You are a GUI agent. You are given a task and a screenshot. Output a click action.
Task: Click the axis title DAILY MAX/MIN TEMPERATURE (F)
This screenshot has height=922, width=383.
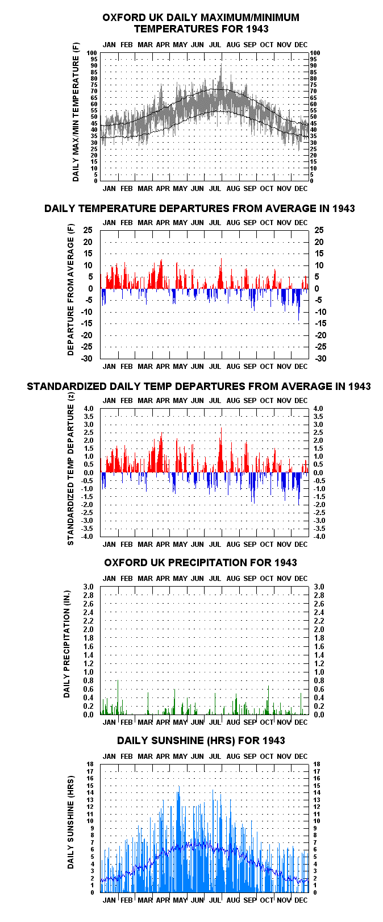pyautogui.click(x=76, y=113)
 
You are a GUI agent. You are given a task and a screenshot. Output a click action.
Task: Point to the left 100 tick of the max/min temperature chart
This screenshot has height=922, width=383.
pyautogui.click(x=91, y=53)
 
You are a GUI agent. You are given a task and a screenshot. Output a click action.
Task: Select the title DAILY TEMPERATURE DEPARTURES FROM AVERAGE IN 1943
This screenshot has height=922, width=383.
pyautogui.click(x=199, y=208)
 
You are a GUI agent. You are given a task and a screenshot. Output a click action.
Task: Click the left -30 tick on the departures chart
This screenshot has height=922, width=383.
pyautogui.click(x=87, y=359)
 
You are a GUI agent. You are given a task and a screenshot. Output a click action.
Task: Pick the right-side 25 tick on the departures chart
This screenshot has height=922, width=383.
pyautogui.click(x=319, y=230)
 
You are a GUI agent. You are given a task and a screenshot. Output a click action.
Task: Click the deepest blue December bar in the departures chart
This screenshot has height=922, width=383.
pyautogui.click(x=299, y=305)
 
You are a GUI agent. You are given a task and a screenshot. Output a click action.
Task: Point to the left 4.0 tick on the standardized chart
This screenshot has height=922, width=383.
pyautogui.click(x=89, y=409)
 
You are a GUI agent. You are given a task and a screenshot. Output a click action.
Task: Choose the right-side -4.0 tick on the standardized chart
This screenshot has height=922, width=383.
pyautogui.click(x=319, y=537)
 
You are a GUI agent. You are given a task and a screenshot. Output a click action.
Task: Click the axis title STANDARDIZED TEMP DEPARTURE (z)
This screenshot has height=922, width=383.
pyautogui.click(x=71, y=469)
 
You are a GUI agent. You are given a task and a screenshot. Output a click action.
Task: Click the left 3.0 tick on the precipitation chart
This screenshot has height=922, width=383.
pyautogui.click(x=89, y=587)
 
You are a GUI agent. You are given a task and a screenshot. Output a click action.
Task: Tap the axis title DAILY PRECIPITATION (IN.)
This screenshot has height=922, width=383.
pyautogui.click(x=66, y=645)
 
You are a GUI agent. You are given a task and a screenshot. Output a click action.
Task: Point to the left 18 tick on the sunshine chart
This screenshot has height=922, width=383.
pyautogui.click(x=90, y=764)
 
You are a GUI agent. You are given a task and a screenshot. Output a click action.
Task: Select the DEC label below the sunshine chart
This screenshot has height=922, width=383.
pyautogui.click(x=301, y=900)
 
